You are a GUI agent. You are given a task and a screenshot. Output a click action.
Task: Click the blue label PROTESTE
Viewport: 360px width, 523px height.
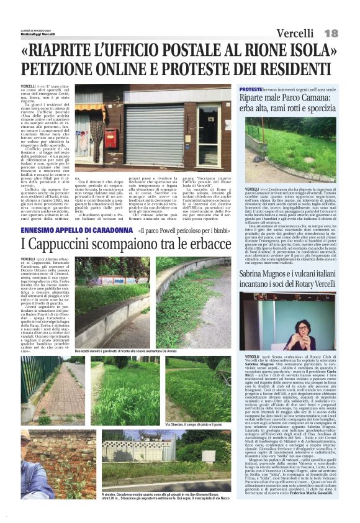(x=250, y=90)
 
